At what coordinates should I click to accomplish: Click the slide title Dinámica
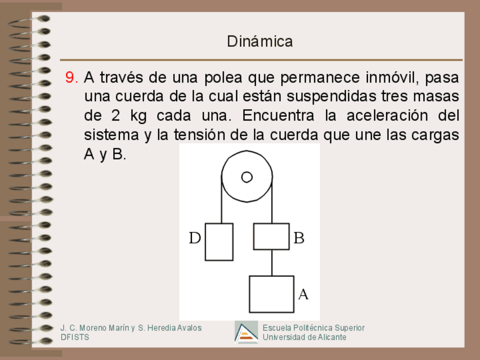coord(260,41)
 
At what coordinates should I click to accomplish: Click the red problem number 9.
coord(71,78)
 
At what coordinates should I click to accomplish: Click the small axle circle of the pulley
coord(247,177)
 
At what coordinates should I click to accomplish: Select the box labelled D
coord(219,242)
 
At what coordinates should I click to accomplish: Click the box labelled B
coord(271,237)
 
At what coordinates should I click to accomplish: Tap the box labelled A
coord(272,294)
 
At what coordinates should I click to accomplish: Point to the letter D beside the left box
coord(195,238)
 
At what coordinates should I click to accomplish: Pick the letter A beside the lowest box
coord(303,294)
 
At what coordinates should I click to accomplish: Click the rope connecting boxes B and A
coord(272,263)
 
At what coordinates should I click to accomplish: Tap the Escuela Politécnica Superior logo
coord(246,333)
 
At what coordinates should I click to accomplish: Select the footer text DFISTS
coord(75,337)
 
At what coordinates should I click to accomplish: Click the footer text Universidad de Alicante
coord(305,337)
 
